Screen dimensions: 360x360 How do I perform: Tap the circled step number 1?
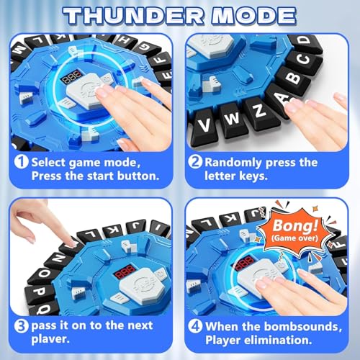(x=21, y=162)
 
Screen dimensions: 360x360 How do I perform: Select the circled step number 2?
(x=195, y=162)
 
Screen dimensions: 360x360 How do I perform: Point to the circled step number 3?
(x=21, y=325)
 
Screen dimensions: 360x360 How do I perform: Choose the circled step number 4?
(x=195, y=326)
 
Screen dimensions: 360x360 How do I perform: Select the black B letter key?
(x=294, y=78)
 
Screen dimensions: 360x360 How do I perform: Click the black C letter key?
(x=304, y=59)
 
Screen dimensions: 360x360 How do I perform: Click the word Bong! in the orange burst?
(x=295, y=226)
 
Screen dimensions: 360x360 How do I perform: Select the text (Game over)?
(x=295, y=238)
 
